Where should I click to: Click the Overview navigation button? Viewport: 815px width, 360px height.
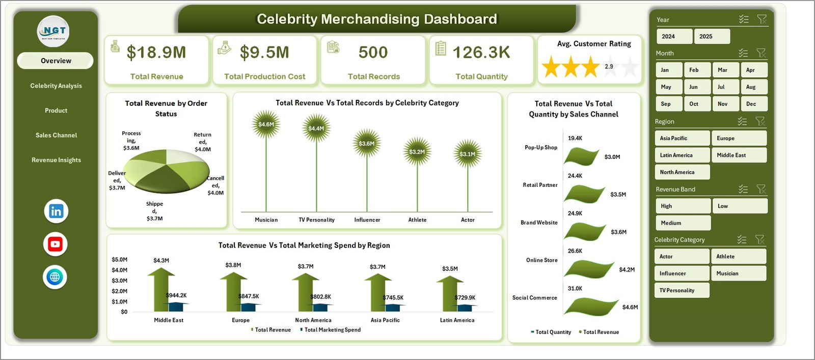coord(56,61)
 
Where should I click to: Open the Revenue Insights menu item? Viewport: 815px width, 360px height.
coord(56,160)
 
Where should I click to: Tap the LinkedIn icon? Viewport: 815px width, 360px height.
coord(56,211)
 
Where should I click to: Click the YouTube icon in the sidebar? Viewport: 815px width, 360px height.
coord(55,244)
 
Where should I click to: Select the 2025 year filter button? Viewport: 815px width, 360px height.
coord(712,36)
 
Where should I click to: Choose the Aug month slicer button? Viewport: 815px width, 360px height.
coord(753,87)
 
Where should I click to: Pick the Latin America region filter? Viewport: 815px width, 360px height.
coord(682,155)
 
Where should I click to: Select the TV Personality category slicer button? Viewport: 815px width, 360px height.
coord(681,290)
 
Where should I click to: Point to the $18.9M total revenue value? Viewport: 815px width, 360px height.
coord(156,52)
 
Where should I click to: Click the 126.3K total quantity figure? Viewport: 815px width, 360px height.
coord(481,52)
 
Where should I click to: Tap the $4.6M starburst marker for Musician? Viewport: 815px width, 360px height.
coord(266,124)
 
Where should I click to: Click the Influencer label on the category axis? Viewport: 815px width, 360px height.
coord(367,220)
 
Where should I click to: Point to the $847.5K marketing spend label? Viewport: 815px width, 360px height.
coord(249,296)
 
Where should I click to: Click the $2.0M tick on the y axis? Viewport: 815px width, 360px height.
coord(120,291)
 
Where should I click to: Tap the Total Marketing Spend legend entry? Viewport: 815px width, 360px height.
coord(332,330)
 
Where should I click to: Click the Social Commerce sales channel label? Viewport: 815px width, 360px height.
coord(534,298)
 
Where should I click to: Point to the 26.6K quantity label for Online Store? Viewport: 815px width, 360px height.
coord(575,251)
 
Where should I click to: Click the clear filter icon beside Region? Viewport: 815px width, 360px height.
coord(760,121)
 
